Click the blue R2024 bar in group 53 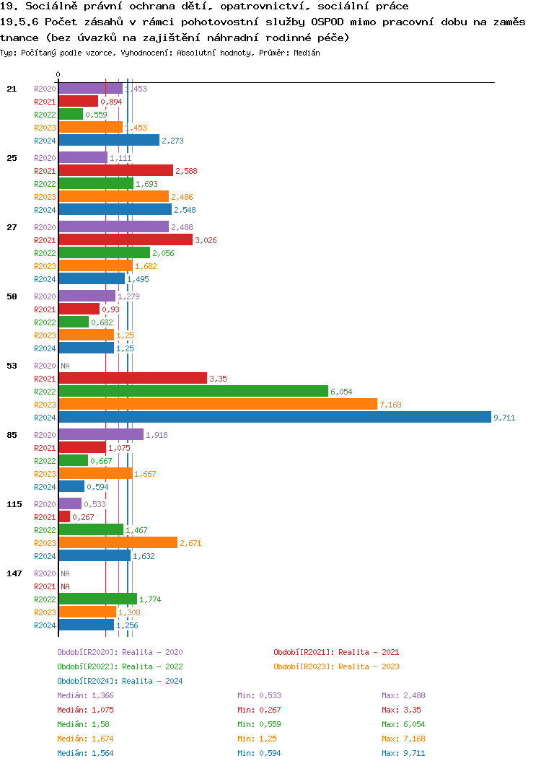pyautogui.click(x=274, y=417)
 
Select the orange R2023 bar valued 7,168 pyautogui.click(x=218, y=404)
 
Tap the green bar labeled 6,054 pyautogui.click(x=193, y=391)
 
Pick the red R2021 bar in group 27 pyautogui.click(x=126, y=239)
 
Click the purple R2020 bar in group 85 pyautogui.click(x=101, y=434)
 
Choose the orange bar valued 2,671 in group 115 pyautogui.click(x=118, y=542)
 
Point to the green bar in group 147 pyautogui.click(x=98, y=599)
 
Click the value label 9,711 pyautogui.click(x=504, y=418)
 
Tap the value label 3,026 pyautogui.click(x=206, y=240)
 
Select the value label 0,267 pyautogui.click(x=84, y=517)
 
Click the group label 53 pyautogui.click(x=12, y=366)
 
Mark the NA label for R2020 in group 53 pyautogui.click(x=65, y=366)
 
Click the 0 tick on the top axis pyautogui.click(x=58, y=74)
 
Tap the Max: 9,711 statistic pyautogui.click(x=405, y=753)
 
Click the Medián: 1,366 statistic pyautogui.click(x=85, y=695)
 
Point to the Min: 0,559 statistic pyautogui.click(x=259, y=724)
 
